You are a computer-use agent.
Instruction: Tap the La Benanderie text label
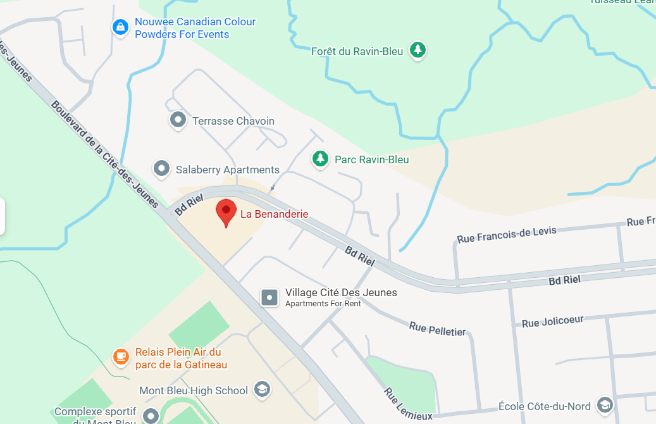274,215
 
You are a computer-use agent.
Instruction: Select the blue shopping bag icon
120,27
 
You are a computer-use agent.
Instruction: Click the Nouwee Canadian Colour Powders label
195,28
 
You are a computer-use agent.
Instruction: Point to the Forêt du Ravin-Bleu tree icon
417,49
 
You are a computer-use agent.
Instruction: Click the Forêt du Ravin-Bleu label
357,51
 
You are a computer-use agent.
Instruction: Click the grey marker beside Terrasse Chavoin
178,120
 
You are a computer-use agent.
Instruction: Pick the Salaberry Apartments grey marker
162,168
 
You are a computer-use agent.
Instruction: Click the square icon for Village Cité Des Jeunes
270,297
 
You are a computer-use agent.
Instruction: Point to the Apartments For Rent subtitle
323,304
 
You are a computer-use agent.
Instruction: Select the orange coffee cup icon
120,357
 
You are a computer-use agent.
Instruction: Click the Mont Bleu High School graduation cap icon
261,389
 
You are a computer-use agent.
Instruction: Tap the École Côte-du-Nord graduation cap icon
605,405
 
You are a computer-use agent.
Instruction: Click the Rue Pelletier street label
437,329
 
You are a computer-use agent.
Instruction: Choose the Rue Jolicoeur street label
552,322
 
